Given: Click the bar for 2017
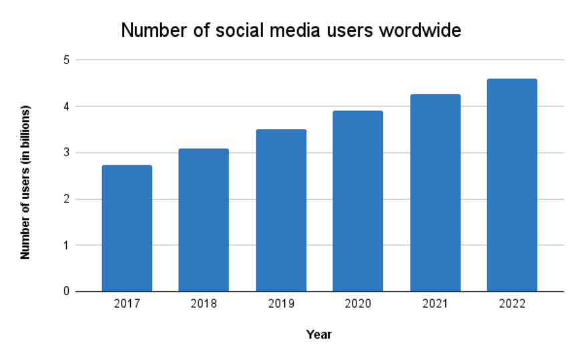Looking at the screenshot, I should pos(127,228).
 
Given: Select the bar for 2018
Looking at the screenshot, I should pos(204,220).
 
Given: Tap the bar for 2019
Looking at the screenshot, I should pos(281,210).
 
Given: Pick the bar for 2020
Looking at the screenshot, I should pos(358,200).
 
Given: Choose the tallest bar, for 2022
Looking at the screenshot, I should pos(512,184).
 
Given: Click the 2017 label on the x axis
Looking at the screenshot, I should pos(127,304).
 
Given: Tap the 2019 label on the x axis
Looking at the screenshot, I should pos(281,304).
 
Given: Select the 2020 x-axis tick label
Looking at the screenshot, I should pos(358,304).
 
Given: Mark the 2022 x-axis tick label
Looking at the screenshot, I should pos(512,304).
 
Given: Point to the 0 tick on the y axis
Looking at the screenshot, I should pos(66,291).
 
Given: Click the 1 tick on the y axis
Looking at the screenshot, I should pos(66,245).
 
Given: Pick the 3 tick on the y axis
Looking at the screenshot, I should pos(66,153).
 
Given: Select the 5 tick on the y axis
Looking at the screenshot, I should pos(66,60).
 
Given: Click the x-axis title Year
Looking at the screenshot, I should pos(319,334).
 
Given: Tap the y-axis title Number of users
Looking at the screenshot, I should pos(26,182).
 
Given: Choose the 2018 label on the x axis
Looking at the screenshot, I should pos(204,304).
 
